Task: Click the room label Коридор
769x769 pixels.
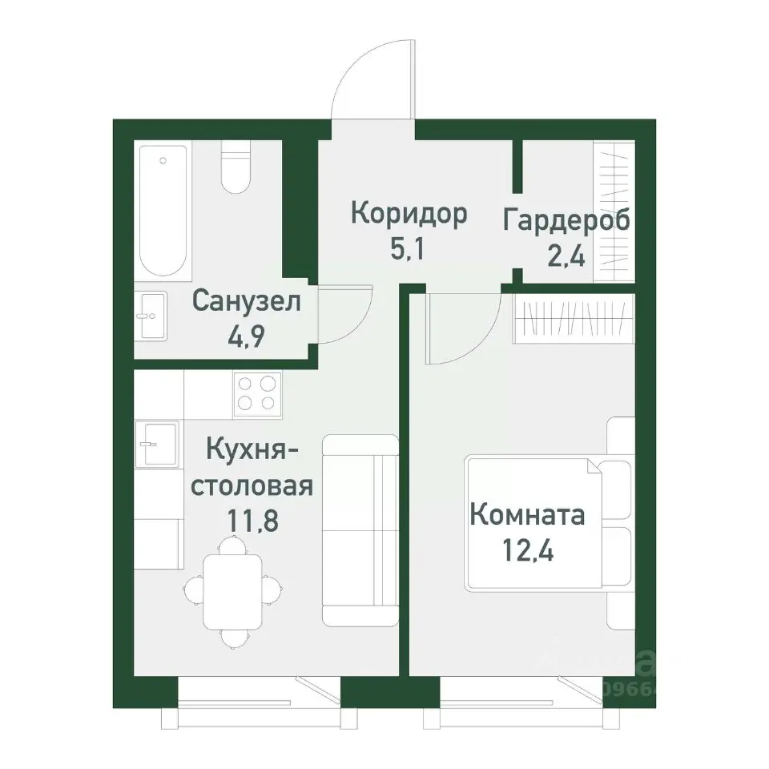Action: (x=409, y=215)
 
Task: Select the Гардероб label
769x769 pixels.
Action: (x=566, y=220)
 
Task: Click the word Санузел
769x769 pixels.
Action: (x=247, y=302)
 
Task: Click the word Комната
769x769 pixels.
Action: (x=527, y=514)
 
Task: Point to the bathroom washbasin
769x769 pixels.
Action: (x=150, y=316)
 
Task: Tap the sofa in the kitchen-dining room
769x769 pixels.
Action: (x=360, y=529)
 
